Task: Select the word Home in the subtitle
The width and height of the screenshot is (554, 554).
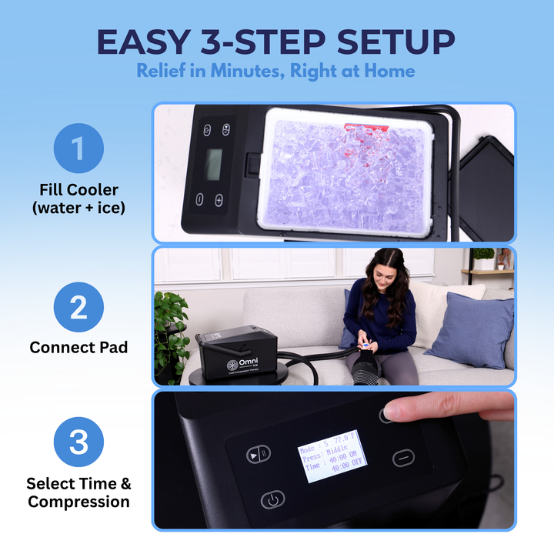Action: [388, 71]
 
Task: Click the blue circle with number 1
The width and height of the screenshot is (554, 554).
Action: [78, 148]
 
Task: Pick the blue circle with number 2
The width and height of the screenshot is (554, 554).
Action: [78, 307]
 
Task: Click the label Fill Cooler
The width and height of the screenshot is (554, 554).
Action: [78, 189]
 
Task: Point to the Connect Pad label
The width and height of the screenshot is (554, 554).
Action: [78, 348]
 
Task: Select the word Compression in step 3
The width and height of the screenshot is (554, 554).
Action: [78, 502]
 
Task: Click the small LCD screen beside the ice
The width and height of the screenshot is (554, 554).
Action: [213, 163]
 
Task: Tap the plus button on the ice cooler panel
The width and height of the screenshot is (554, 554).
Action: [219, 200]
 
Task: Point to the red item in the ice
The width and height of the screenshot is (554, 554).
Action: [362, 128]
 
